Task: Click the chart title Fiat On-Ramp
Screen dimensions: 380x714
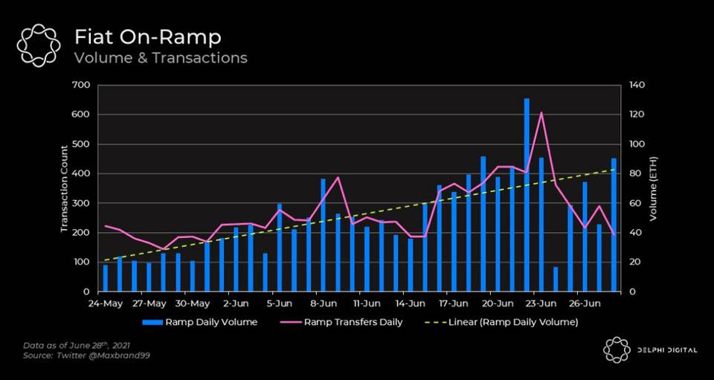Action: coord(147,36)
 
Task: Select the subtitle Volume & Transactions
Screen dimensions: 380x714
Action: coord(160,58)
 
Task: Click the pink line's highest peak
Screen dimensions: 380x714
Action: coord(541,113)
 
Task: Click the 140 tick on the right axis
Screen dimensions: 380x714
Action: coord(638,85)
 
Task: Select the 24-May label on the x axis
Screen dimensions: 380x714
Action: coord(105,303)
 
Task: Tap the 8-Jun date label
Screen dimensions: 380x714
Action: coord(324,303)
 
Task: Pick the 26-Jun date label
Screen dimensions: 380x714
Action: coord(585,303)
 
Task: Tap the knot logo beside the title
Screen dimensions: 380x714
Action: coord(39,45)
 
